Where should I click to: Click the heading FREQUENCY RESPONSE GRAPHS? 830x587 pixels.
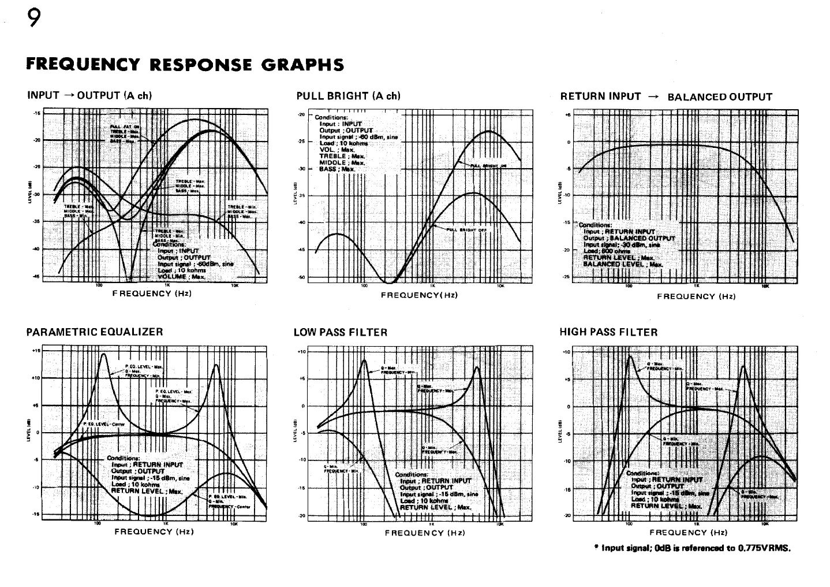[185, 64]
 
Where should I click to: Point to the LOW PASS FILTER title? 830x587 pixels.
[341, 332]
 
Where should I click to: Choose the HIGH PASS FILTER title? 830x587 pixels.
[608, 332]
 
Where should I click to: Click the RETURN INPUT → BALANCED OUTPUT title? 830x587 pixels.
[666, 96]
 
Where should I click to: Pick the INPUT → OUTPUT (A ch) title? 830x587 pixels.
[89, 96]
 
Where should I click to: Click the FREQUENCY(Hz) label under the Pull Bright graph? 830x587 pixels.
[420, 295]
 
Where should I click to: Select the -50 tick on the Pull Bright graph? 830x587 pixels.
[300, 277]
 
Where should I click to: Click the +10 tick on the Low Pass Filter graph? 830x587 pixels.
[300, 351]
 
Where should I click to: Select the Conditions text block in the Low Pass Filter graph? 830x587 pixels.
[435, 491]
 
